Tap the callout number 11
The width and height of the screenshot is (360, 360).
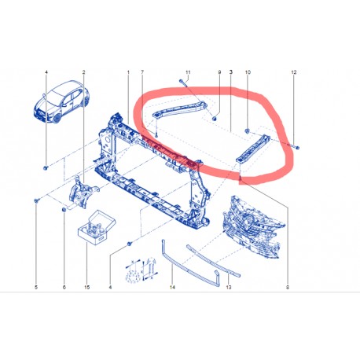click(187, 72)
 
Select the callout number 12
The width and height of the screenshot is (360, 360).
click(293, 72)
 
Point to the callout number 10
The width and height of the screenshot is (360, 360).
click(248, 72)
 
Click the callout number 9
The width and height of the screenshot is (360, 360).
click(219, 72)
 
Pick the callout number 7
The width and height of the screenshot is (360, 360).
click(142, 72)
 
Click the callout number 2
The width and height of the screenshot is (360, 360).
click(83, 72)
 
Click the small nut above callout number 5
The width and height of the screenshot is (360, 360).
click(37, 202)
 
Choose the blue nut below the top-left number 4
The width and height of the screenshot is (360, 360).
click(46, 167)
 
